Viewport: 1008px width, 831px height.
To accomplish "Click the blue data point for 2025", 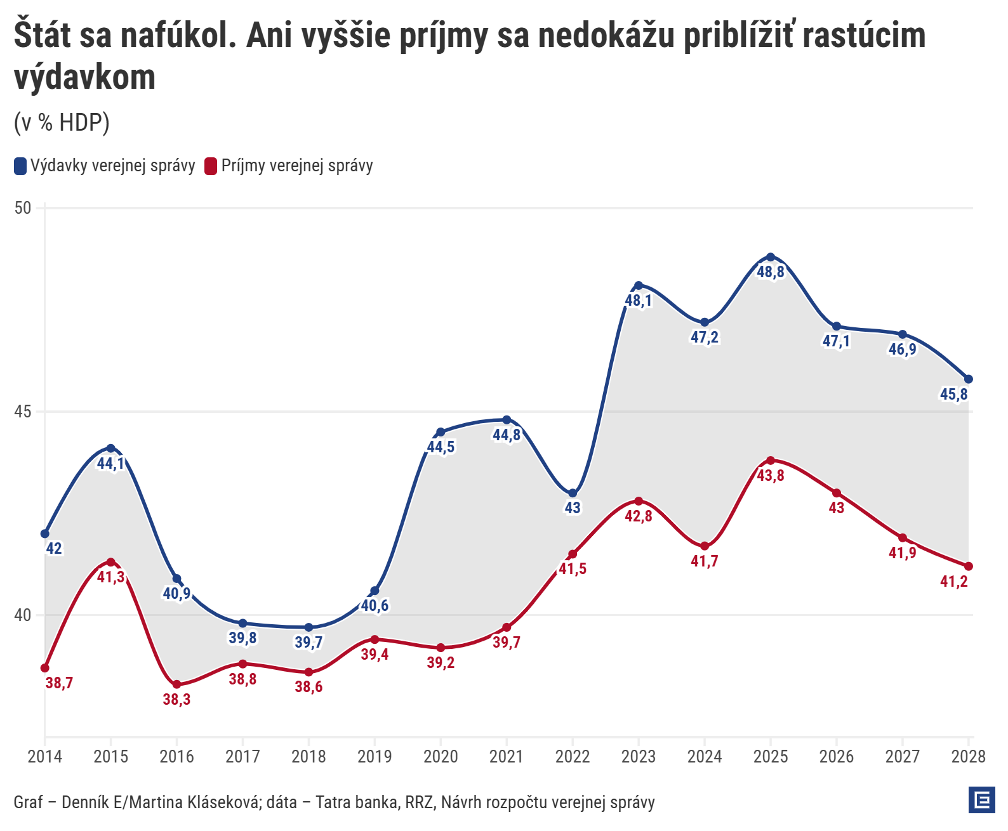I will pos(771,257).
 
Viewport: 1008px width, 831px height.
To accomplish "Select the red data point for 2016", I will pos(176,684).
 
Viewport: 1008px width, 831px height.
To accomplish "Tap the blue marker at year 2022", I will pos(573,493).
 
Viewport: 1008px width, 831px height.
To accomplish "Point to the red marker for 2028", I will pos(969,566).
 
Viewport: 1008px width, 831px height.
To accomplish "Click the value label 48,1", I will pos(639,300).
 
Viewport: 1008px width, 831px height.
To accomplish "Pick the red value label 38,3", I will pos(176,699).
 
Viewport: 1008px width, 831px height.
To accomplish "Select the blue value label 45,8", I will pos(953,394).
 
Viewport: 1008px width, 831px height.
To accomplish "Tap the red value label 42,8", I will pos(639,516).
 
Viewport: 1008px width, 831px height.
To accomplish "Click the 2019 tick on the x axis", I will pos(375,756).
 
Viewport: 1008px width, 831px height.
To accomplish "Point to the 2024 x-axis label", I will pos(705,756).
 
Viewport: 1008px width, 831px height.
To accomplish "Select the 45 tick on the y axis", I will pos(23,412).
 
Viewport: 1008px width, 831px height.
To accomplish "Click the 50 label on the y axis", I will pos(23,208).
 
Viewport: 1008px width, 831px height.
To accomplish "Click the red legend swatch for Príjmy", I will pos(211,166).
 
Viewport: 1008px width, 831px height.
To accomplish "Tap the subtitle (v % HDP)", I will pos(62,122).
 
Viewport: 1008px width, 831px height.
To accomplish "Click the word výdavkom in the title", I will pos(85,77).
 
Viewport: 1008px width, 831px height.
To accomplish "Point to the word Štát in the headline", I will pos(42,35).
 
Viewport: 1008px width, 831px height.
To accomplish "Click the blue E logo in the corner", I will pos(981,800).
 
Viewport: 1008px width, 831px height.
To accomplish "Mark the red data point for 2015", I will pos(110,562).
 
